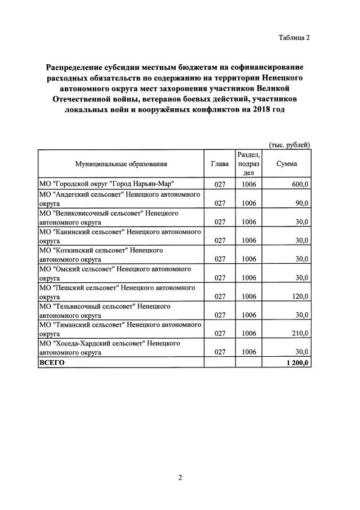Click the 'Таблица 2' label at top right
pos(294,38)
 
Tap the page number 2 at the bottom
pos(180,478)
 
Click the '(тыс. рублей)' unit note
pos(289,144)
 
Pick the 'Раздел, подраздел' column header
pos(249,164)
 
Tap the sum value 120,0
pos(299,296)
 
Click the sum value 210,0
pos(299,333)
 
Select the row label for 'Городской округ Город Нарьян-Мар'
pos(106,184)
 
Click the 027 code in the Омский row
pos(220,277)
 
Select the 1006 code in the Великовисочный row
pos(249,221)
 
